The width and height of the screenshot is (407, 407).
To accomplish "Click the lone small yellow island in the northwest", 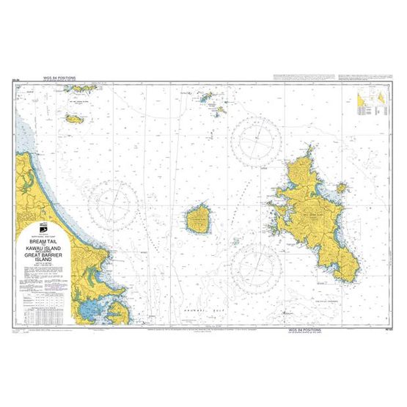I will click(x=75, y=117).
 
